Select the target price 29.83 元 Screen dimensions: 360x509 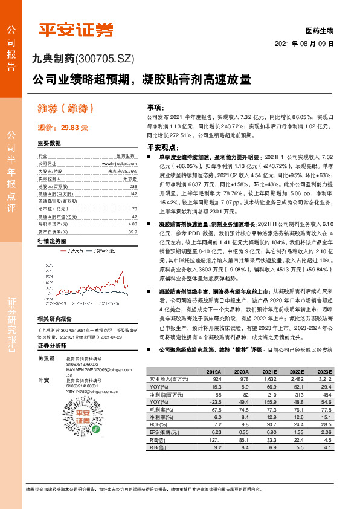[63, 128]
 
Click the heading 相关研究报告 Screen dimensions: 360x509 [54, 319]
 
